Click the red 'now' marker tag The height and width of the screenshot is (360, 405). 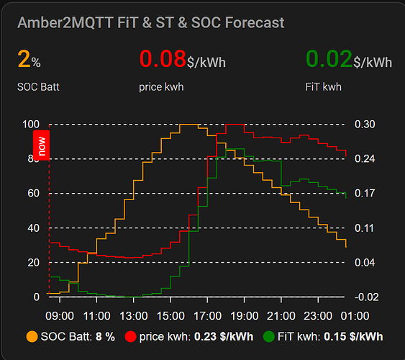tap(41, 145)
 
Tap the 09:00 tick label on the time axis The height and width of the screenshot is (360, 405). tap(60, 316)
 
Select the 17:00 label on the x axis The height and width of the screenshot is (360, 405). tap(207, 316)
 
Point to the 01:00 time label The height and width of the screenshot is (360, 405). tap(355, 316)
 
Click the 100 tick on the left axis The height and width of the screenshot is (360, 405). tap(31, 125)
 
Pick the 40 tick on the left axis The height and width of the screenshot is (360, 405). tap(34, 228)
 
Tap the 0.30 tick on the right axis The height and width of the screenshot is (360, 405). tap(365, 125)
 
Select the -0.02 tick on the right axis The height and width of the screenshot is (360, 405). tap(367, 297)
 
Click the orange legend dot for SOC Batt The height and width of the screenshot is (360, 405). tap(32, 337)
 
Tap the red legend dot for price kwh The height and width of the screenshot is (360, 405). tap(130, 337)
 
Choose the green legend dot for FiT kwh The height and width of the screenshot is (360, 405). tap(269, 337)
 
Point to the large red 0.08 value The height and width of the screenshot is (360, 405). tap(163, 58)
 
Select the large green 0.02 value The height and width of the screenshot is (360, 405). tap(329, 58)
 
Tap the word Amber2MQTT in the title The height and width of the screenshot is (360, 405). tap(65, 22)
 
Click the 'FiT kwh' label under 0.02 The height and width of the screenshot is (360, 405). tap(324, 87)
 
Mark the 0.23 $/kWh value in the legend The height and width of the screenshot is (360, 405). tap(224, 337)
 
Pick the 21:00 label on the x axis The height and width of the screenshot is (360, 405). tap(281, 316)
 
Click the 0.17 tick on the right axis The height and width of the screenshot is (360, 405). tap(365, 193)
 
